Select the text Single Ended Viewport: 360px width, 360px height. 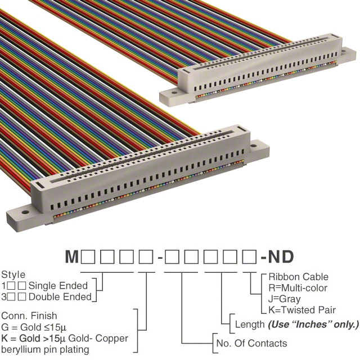pos(58,286)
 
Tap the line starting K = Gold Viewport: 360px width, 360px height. pos(65,338)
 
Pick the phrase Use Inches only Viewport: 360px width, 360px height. pos(313,325)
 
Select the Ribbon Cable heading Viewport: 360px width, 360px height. pos(298,277)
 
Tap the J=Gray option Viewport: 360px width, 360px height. pos(284,299)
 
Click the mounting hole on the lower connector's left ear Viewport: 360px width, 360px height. pos(24,213)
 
